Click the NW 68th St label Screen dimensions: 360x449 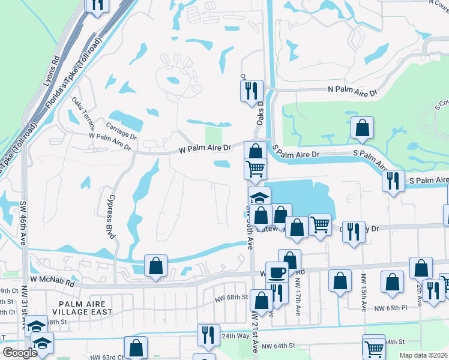(x=232, y=297)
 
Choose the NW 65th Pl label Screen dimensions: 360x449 (x=391, y=308)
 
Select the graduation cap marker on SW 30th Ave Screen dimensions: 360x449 (x=260, y=197)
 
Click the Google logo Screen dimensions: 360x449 (x=20, y=353)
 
